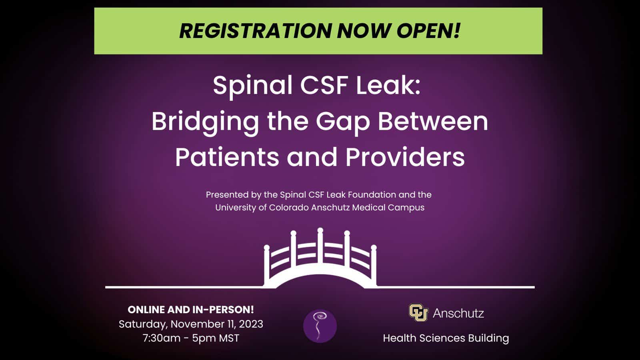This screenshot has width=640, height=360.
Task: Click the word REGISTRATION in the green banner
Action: click(x=256, y=30)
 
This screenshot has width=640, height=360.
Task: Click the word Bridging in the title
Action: click(x=205, y=122)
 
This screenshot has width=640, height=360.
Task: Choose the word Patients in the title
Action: click(x=227, y=158)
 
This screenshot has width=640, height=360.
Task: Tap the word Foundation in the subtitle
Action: click(x=372, y=195)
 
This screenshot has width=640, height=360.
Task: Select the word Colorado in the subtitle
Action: click(x=289, y=208)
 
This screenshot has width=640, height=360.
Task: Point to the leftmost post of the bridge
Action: click(x=266, y=266)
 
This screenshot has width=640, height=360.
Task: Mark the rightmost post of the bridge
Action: click(x=374, y=266)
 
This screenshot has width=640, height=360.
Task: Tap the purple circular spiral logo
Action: click(x=320, y=326)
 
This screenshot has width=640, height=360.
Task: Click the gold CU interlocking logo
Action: click(x=418, y=312)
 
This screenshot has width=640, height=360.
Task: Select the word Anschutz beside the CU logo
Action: click(x=458, y=314)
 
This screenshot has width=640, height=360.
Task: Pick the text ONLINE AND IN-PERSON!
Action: click(x=190, y=310)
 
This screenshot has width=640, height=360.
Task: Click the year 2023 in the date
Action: click(x=251, y=324)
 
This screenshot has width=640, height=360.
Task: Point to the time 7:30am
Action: click(x=162, y=338)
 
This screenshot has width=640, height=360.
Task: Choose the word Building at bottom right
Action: click(x=488, y=338)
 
